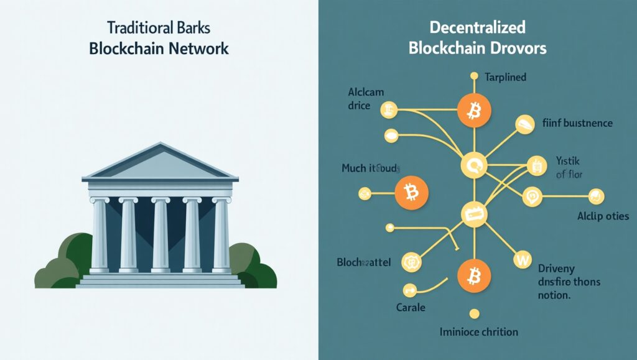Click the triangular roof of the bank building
click(x=160, y=163)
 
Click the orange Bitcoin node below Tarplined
click(x=474, y=111)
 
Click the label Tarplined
click(x=506, y=78)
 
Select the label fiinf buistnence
click(x=574, y=123)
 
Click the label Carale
click(x=411, y=308)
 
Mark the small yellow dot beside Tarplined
click(x=474, y=77)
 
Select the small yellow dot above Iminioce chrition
click(x=474, y=313)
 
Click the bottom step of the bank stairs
click(x=160, y=285)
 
